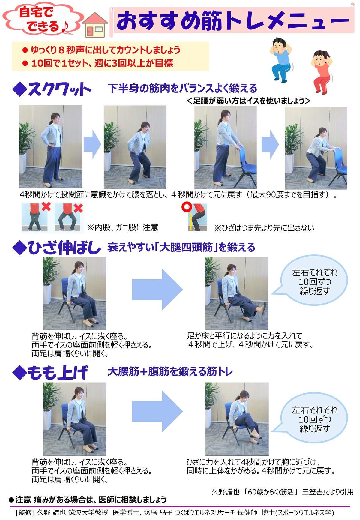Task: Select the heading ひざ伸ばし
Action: pyautogui.click(x=57, y=248)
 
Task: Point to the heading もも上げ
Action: pyautogui.click(x=50, y=372)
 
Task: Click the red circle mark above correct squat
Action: pyautogui.click(x=187, y=207)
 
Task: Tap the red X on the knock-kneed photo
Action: pyautogui.click(x=46, y=207)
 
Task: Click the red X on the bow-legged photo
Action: pyautogui.click(x=78, y=208)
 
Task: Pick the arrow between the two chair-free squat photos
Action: pyautogui.click(x=92, y=144)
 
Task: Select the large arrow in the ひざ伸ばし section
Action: pyautogui.click(x=157, y=289)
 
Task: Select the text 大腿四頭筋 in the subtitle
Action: pyautogui.click(x=186, y=247)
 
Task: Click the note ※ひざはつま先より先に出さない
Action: pyautogui.click(x=264, y=228)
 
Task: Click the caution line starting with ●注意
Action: pyautogui.click(x=88, y=500)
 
